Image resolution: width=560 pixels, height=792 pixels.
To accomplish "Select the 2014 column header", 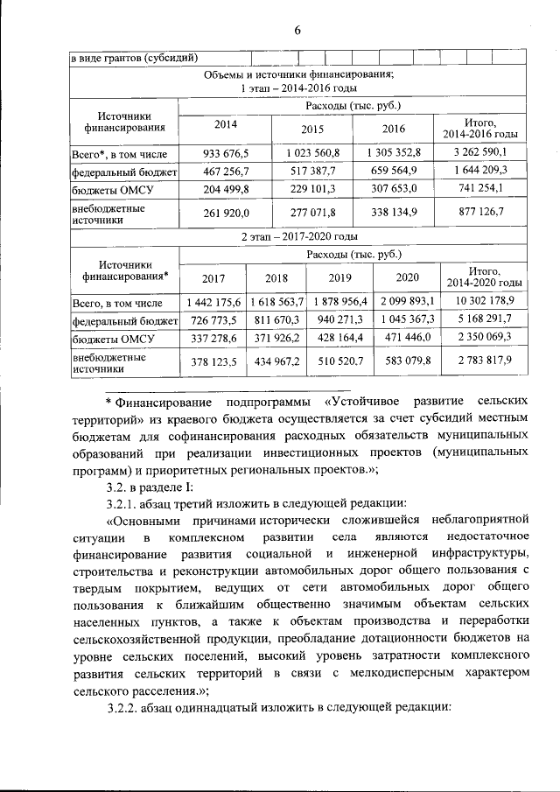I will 226,123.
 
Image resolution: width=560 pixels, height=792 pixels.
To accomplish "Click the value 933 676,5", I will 226,152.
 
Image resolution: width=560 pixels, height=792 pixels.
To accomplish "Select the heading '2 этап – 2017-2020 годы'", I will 298,236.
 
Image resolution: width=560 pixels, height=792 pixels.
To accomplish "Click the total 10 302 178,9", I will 484,301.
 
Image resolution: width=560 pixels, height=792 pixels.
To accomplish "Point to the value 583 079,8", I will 408,360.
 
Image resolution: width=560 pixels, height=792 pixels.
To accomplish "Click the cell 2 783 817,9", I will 484,360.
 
